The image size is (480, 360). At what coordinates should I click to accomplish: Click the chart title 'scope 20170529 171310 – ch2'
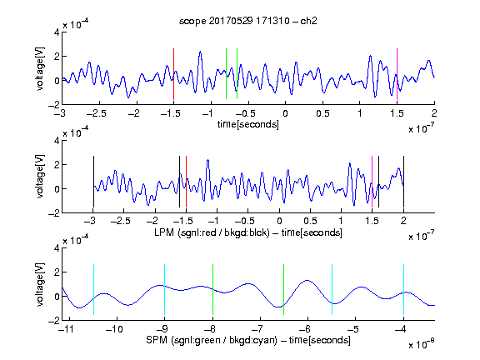(x=248, y=21)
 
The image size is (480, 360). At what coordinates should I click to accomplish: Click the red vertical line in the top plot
(x=173, y=74)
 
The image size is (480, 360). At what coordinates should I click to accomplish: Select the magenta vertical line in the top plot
(x=397, y=74)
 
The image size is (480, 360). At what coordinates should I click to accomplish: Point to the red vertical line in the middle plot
(x=186, y=182)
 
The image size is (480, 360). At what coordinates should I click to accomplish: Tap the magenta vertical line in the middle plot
(x=372, y=182)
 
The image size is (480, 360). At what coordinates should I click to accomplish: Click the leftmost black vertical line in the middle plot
(x=93, y=182)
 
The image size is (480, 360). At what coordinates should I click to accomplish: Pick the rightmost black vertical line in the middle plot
(x=403, y=182)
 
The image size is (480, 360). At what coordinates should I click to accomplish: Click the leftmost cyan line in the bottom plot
(x=93, y=290)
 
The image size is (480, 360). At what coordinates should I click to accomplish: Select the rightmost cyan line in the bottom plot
(x=403, y=290)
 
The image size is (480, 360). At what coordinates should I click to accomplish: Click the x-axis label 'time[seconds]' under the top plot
(x=248, y=124)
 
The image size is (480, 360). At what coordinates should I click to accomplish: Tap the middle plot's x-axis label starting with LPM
(x=248, y=232)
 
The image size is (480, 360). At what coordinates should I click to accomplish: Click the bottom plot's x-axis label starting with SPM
(x=248, y=340)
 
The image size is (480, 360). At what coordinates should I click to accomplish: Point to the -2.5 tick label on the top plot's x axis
(x=97, y=113)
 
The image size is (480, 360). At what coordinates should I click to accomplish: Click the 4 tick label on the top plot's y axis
(x=57, y=32)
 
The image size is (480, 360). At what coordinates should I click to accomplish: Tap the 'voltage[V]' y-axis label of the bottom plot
(x=40, y=284)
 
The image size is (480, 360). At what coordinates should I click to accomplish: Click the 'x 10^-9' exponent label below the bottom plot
(x=422, y=344)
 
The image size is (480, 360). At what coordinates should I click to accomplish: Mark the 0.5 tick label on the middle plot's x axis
(x=310, y=222)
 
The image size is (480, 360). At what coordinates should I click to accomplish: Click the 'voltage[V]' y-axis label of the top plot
(x=40, y=69)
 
